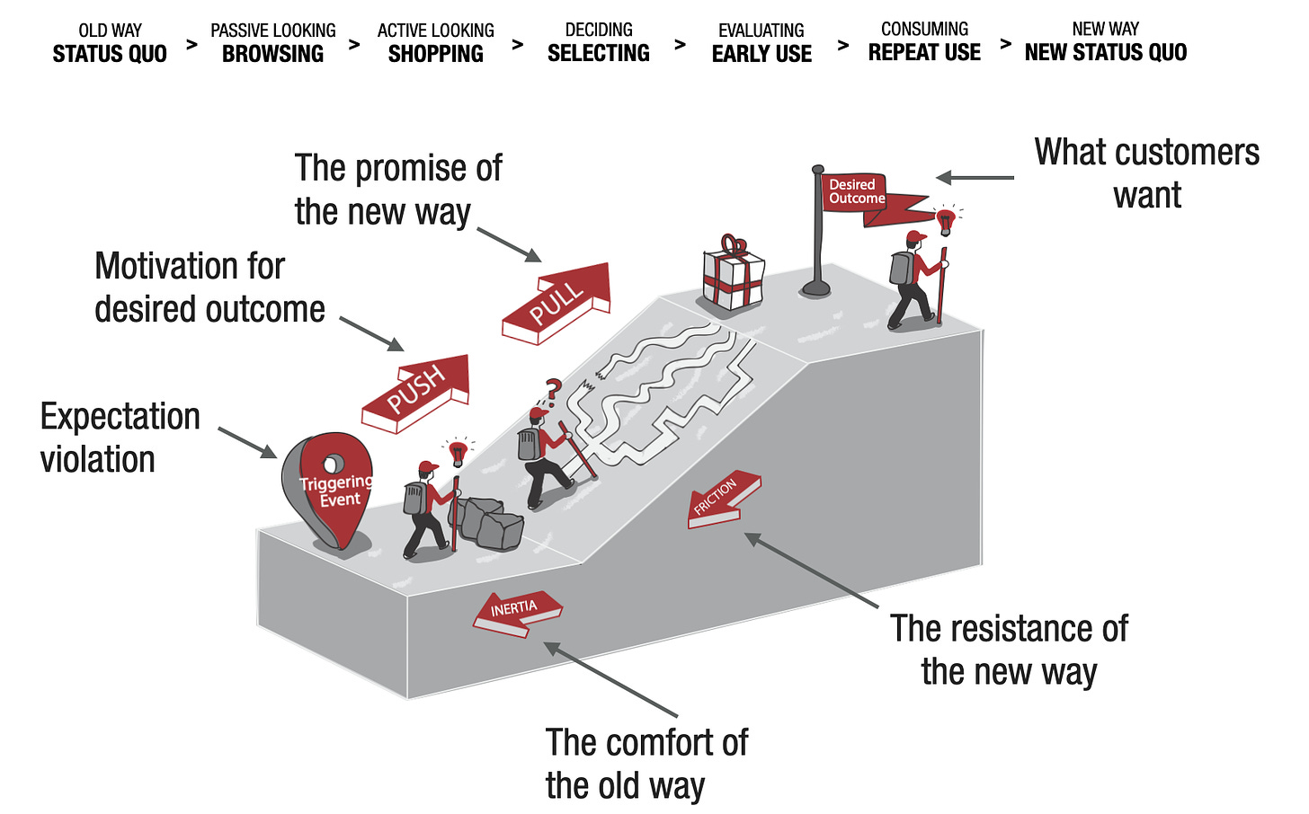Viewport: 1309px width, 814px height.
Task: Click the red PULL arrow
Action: coord(557,302)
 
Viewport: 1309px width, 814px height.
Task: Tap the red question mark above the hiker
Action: coord(553,390)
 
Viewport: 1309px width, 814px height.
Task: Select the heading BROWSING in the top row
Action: coord(272,54)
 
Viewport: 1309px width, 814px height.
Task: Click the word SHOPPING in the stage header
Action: coord(435,54)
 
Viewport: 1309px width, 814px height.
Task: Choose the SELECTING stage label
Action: coord(598,54)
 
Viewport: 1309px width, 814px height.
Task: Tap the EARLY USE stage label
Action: coord(761,54)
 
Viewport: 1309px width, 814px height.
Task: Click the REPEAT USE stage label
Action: coord(924,53)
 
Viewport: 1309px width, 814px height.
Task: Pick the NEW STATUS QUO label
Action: coord(1105,53)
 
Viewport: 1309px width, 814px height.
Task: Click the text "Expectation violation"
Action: coord(120,438)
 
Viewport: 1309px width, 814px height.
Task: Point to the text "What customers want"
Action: coord(1146,173)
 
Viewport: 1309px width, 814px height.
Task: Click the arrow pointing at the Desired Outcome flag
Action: coord(975,178)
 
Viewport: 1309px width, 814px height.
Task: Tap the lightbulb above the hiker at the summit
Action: coord(944,219)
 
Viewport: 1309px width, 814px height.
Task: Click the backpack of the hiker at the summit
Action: coord(902,268)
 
